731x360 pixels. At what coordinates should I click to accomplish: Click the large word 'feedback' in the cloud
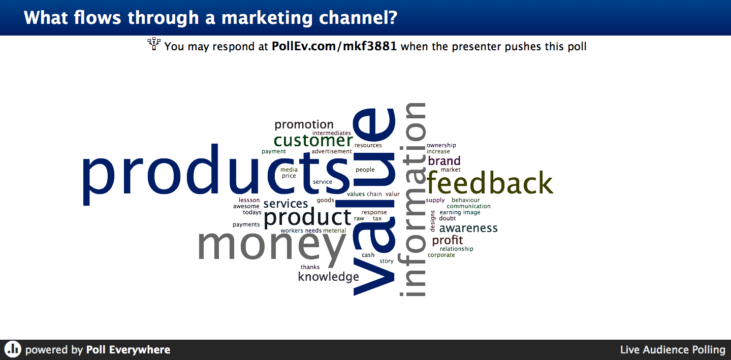490,183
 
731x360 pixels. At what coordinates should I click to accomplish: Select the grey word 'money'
272,245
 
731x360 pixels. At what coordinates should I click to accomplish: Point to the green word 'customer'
313,141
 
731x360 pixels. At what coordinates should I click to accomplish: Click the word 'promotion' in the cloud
304,124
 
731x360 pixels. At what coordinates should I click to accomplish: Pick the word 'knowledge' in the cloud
328,277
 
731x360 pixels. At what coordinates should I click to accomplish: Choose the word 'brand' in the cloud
444,161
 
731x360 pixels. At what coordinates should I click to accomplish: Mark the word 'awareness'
468,228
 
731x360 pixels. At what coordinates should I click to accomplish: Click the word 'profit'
448,240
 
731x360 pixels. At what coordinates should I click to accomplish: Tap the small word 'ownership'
441,145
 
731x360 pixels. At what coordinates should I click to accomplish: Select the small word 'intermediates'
332,133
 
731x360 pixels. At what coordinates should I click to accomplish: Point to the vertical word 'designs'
433,221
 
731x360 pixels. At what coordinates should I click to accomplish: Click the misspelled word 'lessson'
249,200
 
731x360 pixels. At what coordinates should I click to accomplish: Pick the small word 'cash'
368,255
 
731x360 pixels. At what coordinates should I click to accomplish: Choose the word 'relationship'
457,249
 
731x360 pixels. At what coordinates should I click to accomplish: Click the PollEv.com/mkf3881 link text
334,46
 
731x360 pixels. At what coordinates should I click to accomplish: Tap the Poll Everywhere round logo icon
13,349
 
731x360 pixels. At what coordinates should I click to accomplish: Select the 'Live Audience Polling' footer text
673,349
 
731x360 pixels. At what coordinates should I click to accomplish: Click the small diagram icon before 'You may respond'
154,44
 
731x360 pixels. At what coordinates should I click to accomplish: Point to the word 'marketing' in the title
267,18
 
